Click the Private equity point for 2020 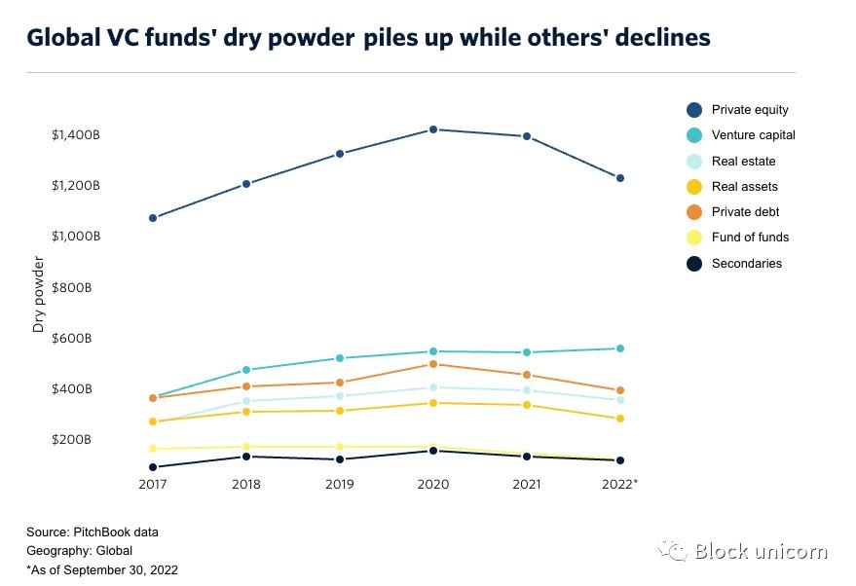point(433,129)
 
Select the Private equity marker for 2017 point(153,218)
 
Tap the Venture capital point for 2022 point(620,348)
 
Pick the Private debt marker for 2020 point(433,364)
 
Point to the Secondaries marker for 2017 point(153,467)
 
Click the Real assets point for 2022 point(620,419)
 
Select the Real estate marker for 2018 point(246,401)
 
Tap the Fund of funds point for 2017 point(153,449)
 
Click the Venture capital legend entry point(753,135)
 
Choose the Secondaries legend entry point(746,264)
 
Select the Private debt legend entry point(745,212)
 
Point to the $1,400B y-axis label point(76,135)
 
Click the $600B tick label point(72,339)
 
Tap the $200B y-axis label point(72,440)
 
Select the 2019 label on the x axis point(340,484)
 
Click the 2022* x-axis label point(619,484)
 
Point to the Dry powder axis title point(39,295)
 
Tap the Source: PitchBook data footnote point(93,532)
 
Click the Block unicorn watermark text point(761,552)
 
